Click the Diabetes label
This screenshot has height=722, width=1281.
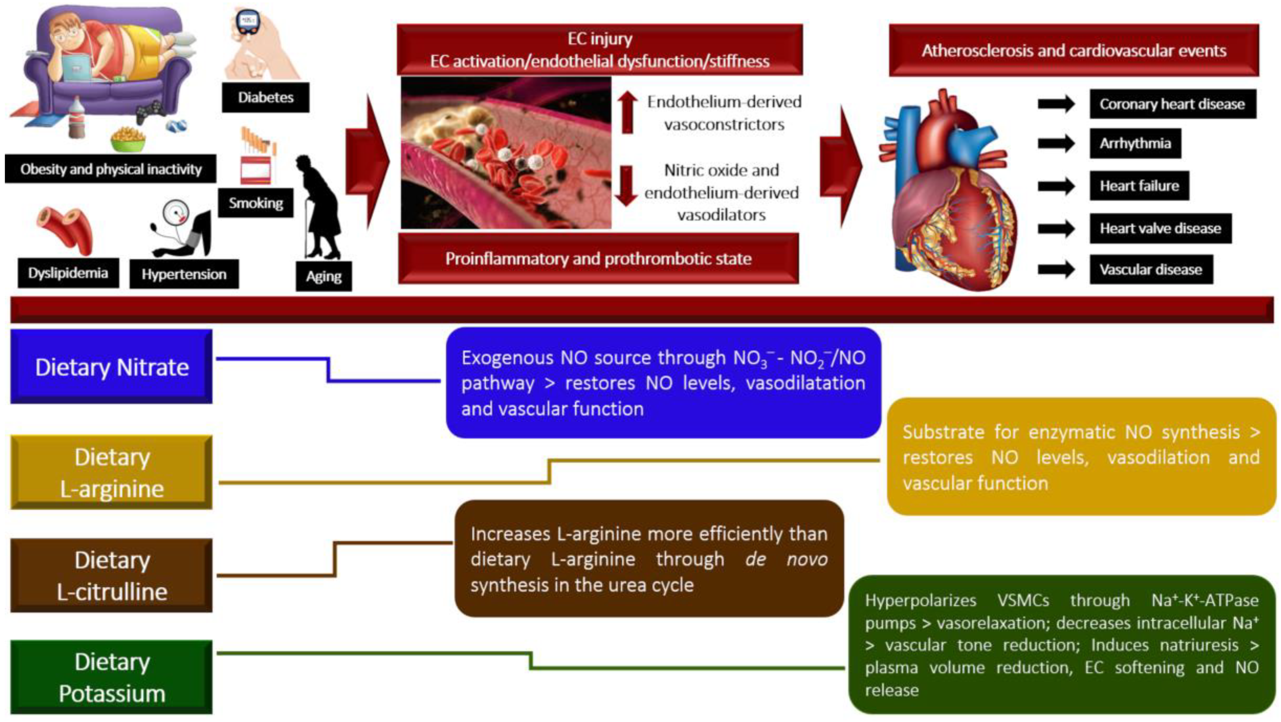(x=265, y=97)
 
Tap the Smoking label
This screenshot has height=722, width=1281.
(x=255, y=203)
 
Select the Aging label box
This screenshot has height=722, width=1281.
(x=324, y=276)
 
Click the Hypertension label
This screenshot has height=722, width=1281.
(x=184, y=274)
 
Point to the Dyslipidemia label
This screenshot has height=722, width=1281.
(x=68, y=273)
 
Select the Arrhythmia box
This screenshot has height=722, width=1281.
(x=1135, y=144)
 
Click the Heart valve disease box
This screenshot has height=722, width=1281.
(x=1160, y=228)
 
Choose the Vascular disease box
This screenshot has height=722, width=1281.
(x=1151, y=270)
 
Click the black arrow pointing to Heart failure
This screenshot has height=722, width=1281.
(x=1056, y=186)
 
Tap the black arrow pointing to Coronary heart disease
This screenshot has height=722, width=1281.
(x=1056, y=104)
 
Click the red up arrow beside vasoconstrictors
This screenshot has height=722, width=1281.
(x=627, y=112)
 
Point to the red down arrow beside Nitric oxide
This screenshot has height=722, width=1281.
(x=626, y=186)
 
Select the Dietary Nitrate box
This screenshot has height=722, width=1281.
(x=112, y=367)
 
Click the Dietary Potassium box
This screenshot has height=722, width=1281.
(x=112, y=677)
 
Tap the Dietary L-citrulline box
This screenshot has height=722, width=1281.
(x=112, y=575)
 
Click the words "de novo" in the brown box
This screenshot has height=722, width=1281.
(x=786, y=559)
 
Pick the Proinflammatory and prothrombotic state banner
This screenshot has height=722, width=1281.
(x=598, y=259)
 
